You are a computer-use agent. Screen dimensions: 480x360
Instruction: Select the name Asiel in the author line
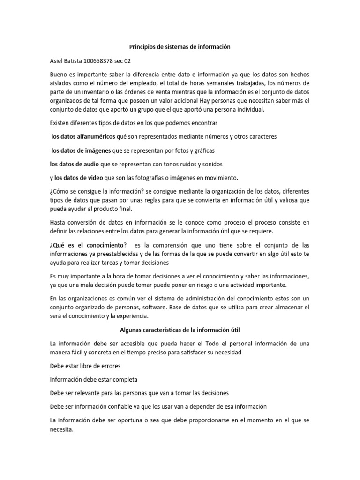click(57, 61)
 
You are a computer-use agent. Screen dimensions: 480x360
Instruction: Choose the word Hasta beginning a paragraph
click(59, 223)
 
